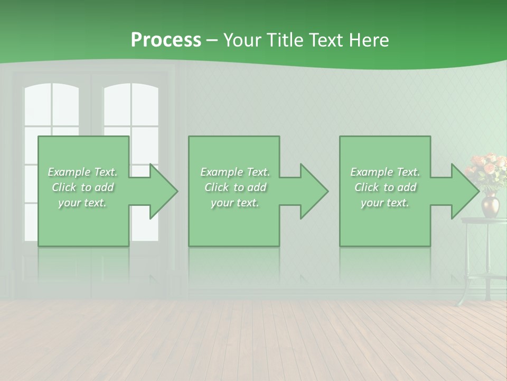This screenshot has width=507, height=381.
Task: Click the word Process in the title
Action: pyautogui.click(x=166, y=40)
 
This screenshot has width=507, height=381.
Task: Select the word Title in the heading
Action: pyautogui.click(x=285, y=40)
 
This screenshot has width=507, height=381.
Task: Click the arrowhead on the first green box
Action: pyautogui.click(x=163, y=191)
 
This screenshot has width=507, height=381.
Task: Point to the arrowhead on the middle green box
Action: pyautogui.click(x=313, y=191)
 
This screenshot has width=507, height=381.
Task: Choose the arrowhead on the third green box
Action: pyautogui.click(x=464, y=191)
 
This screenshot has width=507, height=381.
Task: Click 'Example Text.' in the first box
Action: pyautogui.click(x=82, y=172)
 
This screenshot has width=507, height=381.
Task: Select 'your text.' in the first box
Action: pyautogui.click(x=82, y=203)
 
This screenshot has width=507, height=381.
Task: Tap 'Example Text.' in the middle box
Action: pyautogui.click(x=235, y=172)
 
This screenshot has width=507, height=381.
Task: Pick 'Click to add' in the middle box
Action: pyautogui.click(x=235, y=187)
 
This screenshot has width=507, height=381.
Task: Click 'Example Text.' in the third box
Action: pyautogui.click(x=385, y=172)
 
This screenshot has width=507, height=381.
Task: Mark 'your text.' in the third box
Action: pyautogui.click(x=385, y=203)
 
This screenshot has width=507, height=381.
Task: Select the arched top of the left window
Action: pyautogui.click(x=52, y=95)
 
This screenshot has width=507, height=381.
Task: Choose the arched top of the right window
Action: pyautogui.click(x=131, y=95)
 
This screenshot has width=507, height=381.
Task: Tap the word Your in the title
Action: pyautogui.click(x=242, y=40)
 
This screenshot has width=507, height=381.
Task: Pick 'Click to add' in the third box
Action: pyautogui.click(x=385, y=187)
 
